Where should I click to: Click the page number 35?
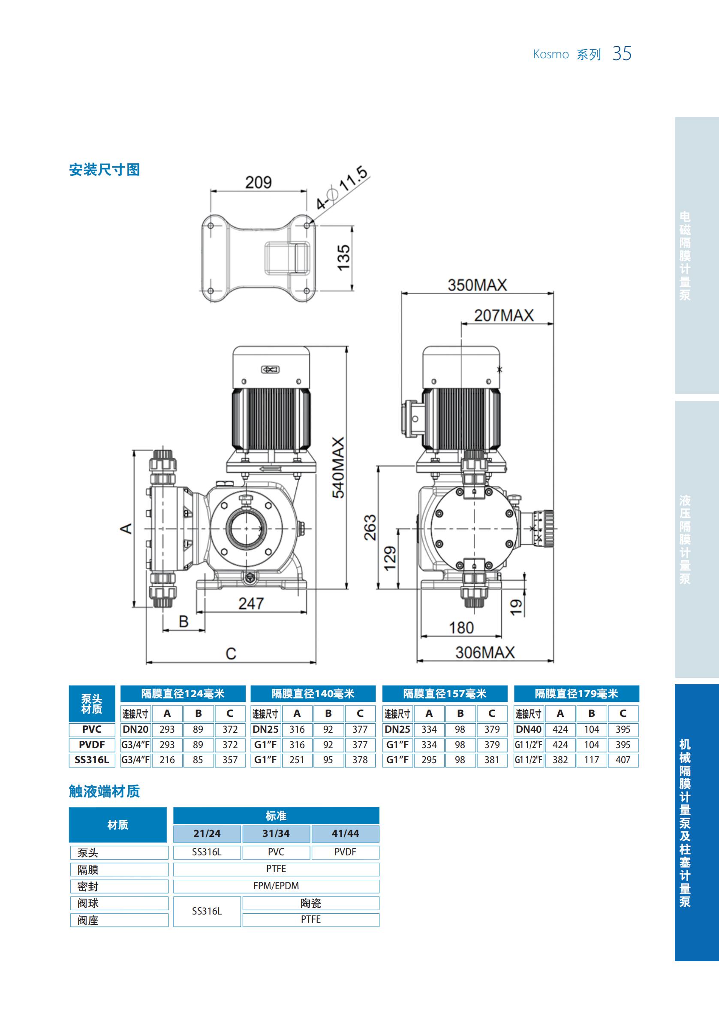coord(621,54)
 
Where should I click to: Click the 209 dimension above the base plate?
coord(259,182)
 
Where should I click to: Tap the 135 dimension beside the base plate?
coord(343,257)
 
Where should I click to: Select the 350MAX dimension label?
coord(477,285)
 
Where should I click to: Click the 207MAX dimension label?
coord(503,316)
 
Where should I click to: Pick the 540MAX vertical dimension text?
coord(339,467)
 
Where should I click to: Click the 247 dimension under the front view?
coord(251,604)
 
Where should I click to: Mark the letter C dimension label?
coord(231,654)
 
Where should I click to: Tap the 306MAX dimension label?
coord(484,653)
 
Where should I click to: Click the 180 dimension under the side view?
coord(461,628)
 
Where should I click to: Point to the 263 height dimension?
coord(370,527)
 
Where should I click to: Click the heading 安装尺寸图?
coord(104,170)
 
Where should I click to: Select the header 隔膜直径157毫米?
coord(445,694)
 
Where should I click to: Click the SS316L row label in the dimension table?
coord(92,760)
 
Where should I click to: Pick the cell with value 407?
coord(623,760)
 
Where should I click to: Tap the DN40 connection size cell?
coord(528,729)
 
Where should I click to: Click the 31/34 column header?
coord(276,833)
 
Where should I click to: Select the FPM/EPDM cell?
coord(276,886)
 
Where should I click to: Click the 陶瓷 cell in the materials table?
coord(310,903)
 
